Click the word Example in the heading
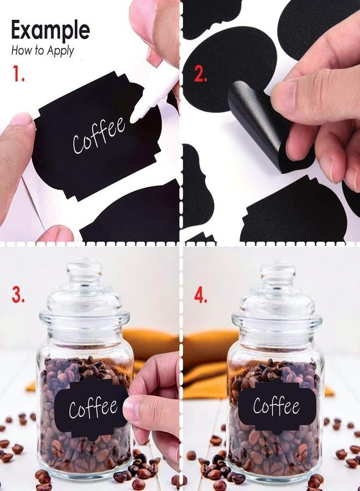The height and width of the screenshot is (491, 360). tap(50, 31)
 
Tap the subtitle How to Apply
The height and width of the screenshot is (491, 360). tap(43, 50)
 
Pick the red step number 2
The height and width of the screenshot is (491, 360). tap(201, 75)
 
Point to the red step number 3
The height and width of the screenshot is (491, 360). tap(18, 295)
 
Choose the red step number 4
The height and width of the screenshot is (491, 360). tap(201, 295)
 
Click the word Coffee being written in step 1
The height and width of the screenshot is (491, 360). tap(99, 135)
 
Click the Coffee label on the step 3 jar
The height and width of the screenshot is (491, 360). tap(92, 407)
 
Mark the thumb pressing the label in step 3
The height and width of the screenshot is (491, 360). tap(135, 409)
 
